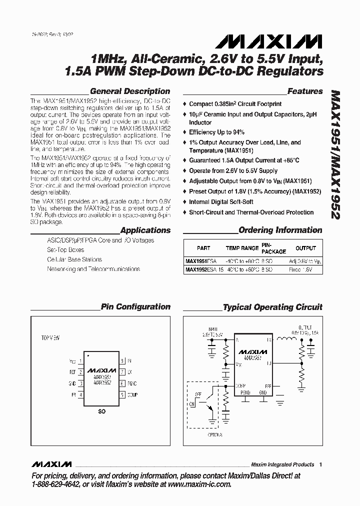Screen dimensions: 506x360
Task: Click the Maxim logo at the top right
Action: pos(286,40)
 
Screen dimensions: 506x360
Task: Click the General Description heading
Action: pos(130,91)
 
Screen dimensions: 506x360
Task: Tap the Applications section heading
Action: pos(145,230)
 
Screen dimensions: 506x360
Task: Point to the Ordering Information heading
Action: pos(280,230)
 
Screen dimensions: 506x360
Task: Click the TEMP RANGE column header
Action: pos(242,248)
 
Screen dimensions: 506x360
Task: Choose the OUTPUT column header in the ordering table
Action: pos(305,248)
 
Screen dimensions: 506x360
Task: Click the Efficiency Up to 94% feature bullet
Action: pos(216,132)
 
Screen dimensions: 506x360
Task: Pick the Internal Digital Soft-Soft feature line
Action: pos(221,202)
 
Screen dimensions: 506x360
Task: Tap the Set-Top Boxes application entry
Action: pos(65,249)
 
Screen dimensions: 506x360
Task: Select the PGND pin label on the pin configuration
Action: pos(132,383)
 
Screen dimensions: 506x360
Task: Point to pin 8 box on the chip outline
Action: pos(122,360)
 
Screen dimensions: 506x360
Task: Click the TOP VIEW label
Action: pos(50,338)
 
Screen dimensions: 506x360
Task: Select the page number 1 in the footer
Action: pos(321,464)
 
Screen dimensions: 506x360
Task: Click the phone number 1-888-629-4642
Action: pos(58,484)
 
